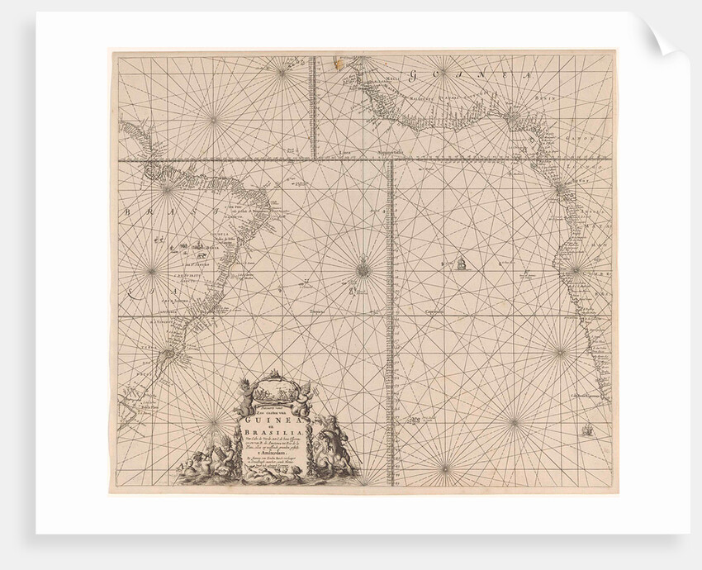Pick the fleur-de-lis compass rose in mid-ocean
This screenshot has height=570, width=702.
[x=364, y=267]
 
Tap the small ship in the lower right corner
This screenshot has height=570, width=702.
[x=588, y=430]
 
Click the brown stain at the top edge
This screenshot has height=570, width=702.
[x=336, y=60]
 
